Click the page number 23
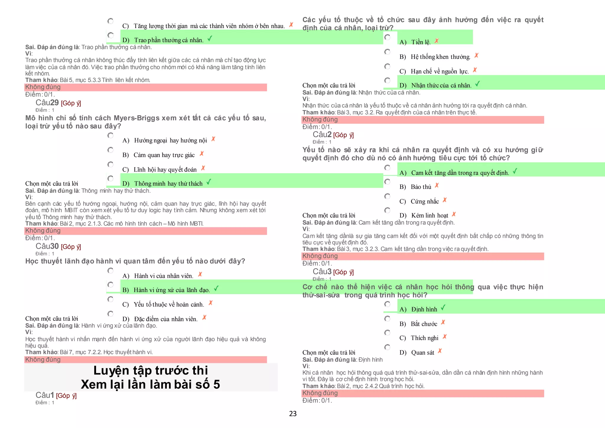click(292, 414)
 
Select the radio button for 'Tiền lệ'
click(387, 37)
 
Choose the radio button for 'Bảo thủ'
click(387, 181)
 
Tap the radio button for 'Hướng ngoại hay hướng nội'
click(110, 135)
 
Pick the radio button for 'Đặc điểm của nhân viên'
click(110, 314)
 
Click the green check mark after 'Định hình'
click(443, 308)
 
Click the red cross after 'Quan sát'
click(440, 351)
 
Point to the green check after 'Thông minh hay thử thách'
click(209, 182)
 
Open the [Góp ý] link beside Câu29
click(71, 103)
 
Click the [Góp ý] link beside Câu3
click(343, 272)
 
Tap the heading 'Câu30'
click(47, 246)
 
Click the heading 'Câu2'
click(322, 135)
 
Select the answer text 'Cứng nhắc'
click(425, 202)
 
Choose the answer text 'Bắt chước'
click(424, 324)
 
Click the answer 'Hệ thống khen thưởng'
click(440, 57)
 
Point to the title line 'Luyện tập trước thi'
click(151, 370)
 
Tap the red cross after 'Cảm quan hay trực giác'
click(202, 154)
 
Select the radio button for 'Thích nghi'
click(387, 333)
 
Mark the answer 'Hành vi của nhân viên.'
click(164, 276)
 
